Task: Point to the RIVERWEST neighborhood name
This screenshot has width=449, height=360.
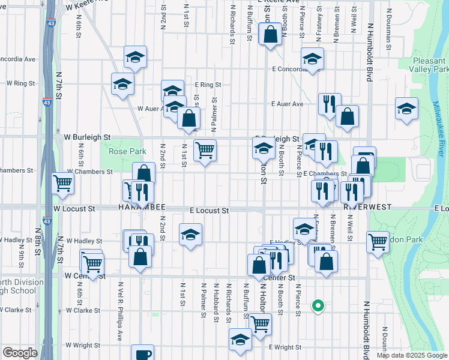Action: click(x=367, y=207)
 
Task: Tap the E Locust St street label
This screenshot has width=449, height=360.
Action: click(x=209, y=211)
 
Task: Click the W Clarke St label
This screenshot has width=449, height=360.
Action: click(x=83, y=310)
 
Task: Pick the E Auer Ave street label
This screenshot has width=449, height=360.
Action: click(x=288, y=104)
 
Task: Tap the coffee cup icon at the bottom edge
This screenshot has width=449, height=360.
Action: click(x=142, y=354)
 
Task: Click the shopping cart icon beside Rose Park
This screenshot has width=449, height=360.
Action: click(x=205, y=150)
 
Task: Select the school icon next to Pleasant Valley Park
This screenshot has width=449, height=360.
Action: click(x=406, y=109)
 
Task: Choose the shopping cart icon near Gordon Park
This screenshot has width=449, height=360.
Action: click(x=378, y=242)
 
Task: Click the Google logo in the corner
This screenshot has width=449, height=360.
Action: click(x=20, y=353)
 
